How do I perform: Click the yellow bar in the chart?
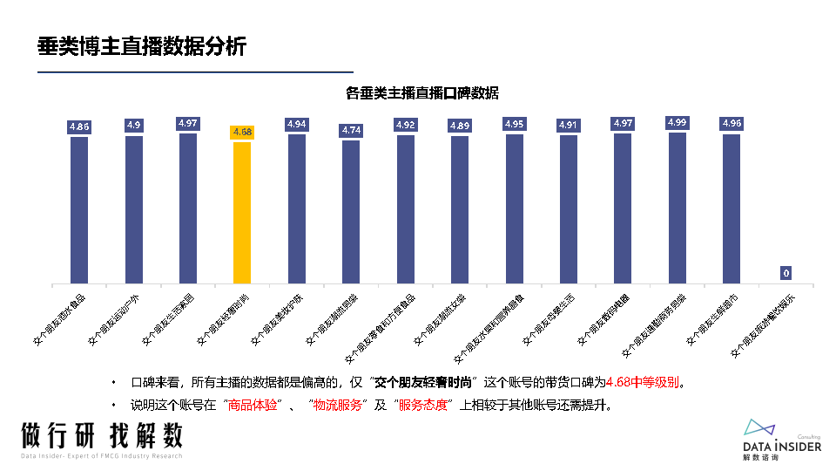242,213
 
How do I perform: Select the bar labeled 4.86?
79,210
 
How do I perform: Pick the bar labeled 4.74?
351,212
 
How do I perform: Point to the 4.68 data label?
242,132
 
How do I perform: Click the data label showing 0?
785,273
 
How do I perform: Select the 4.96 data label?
731,124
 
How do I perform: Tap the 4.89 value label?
460,126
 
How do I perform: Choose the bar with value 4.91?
569,210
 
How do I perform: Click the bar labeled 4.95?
514,209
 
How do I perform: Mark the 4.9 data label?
133,126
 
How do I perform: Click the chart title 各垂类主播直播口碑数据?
422,92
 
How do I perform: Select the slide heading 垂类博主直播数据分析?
142,46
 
